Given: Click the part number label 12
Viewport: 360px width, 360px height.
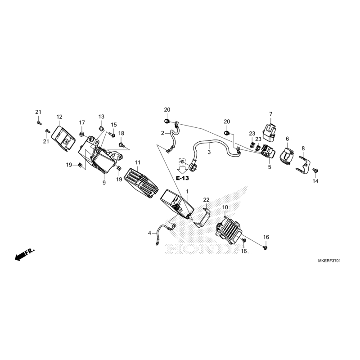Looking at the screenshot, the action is tap(59, 117).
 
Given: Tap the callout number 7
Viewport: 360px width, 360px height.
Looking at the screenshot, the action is tap(271, 114).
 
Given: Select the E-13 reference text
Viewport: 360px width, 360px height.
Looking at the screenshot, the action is tap(183, 178).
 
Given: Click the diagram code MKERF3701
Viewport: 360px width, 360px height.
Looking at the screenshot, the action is tap(329, 261).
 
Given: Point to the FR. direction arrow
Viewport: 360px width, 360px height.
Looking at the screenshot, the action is tap(25, 254).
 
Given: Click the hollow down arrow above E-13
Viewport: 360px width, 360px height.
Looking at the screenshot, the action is tap(183, 170).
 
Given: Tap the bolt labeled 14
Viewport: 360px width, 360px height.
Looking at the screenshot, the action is tap(315, 171).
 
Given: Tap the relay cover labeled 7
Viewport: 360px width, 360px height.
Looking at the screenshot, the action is tap(270, 132).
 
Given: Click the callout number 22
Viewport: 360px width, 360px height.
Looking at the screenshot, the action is tap(206, 200).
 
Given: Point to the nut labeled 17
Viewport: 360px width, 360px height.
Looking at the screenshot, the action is tap(81, 134).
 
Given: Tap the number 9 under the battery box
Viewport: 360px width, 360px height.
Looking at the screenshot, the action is tap(104, 183).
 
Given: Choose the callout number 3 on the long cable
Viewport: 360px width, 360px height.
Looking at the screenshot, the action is tap(209, 152).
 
